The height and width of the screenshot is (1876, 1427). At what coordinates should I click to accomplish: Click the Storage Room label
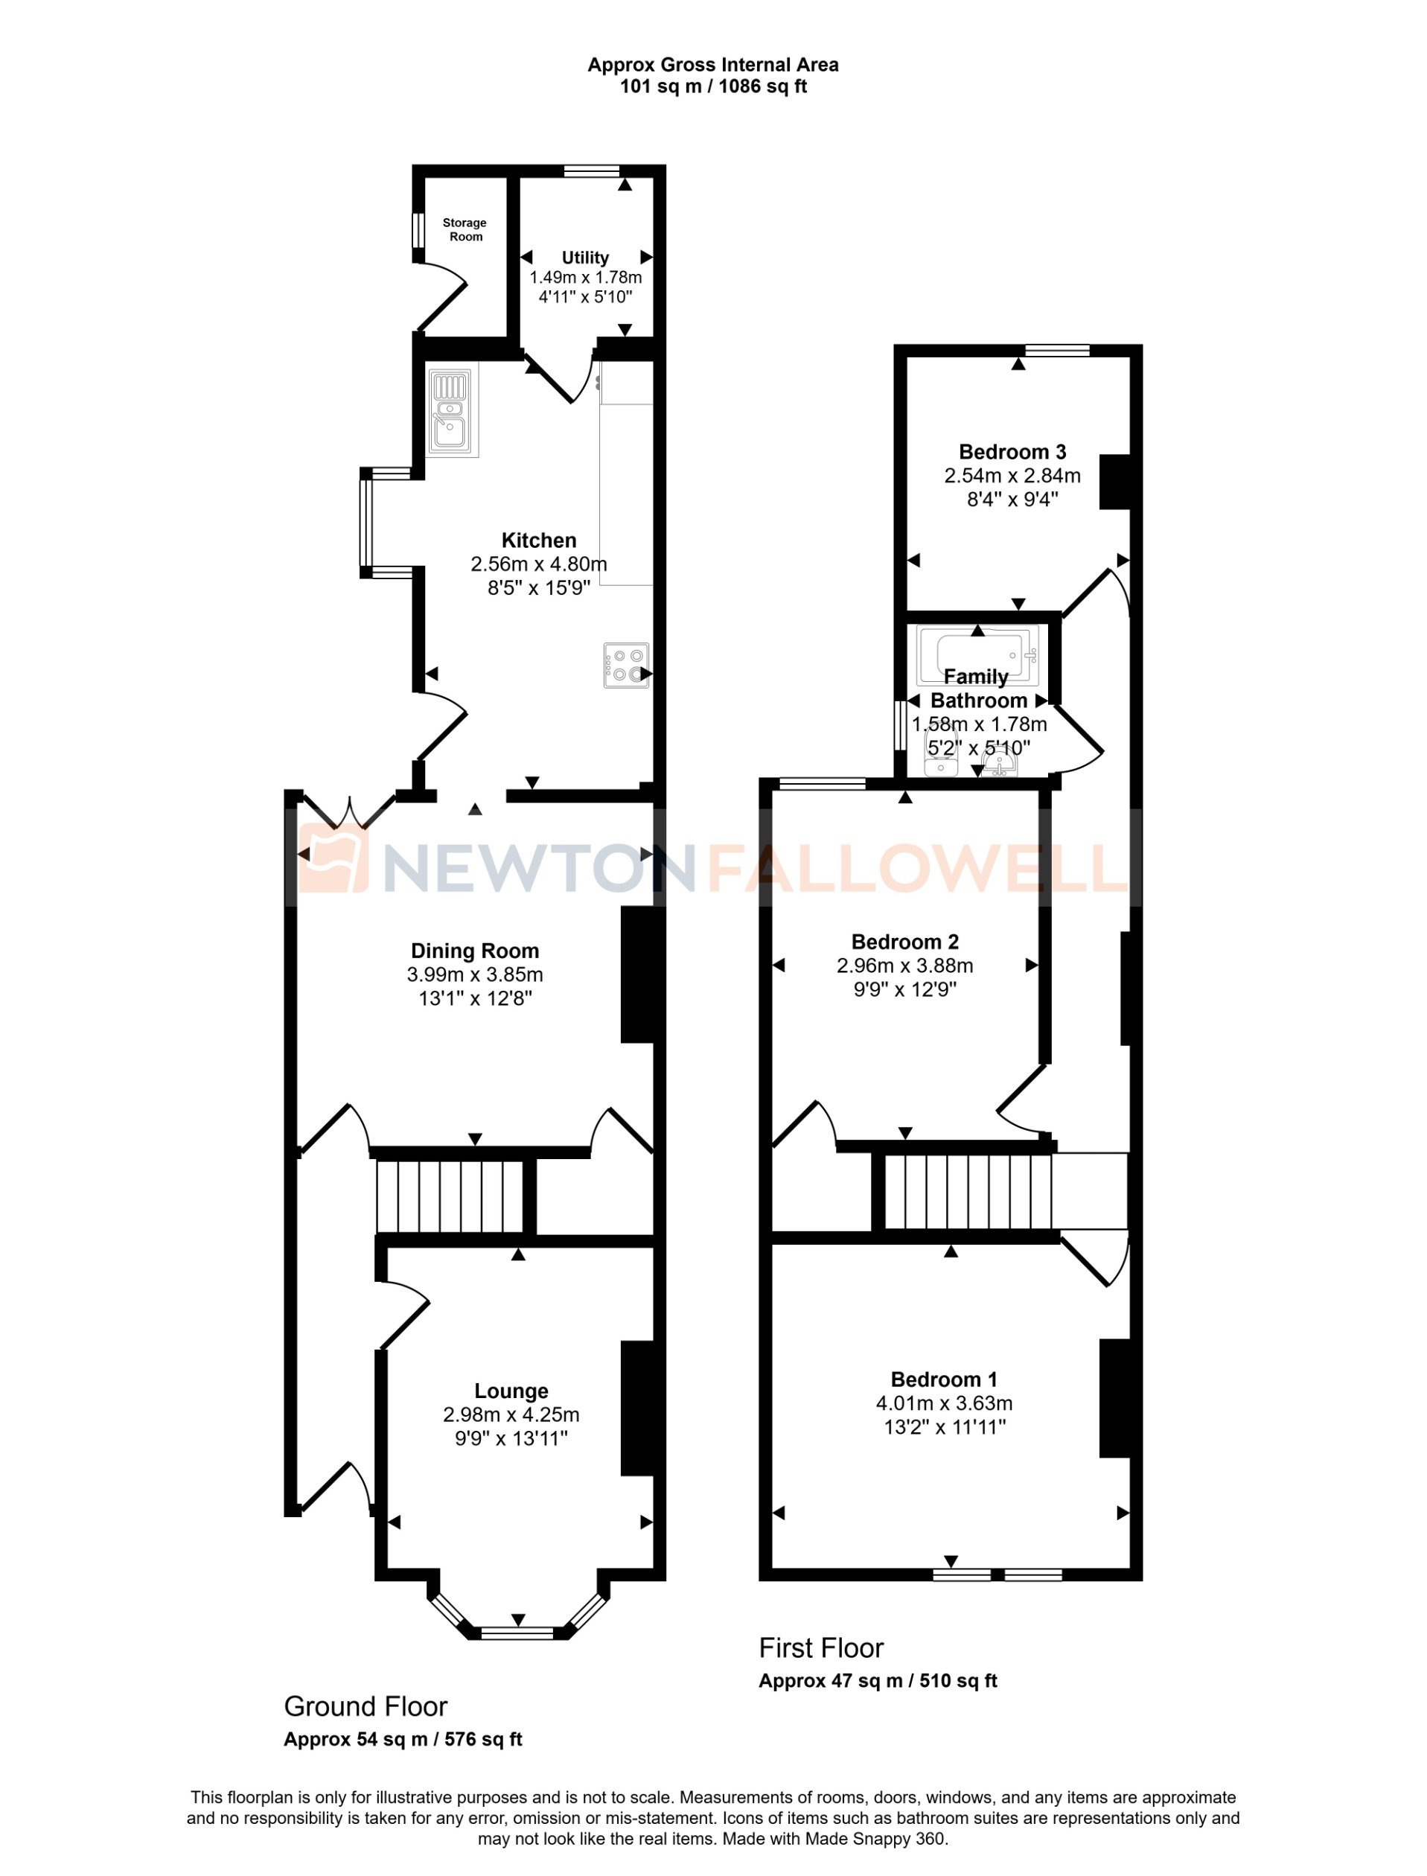[465, 229]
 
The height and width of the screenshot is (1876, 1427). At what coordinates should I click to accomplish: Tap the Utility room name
[584, 258]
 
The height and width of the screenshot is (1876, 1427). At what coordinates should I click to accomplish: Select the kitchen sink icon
[451, 409]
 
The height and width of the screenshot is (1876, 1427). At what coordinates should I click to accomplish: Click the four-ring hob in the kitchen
[626, 665]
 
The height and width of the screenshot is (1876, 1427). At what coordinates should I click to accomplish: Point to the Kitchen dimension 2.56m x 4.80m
[538, 564]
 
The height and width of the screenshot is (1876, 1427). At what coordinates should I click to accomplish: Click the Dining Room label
[475, 951]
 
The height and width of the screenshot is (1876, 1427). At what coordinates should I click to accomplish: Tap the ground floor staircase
[450, 1196]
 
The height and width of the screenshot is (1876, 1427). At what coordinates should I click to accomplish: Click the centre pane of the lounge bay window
[517, 1633]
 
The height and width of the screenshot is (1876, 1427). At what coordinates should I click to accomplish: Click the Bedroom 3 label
[1012, 452]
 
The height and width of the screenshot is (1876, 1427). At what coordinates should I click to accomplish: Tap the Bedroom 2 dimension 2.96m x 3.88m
[904, 966]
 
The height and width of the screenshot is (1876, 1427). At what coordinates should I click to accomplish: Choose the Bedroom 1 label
[944, 1379]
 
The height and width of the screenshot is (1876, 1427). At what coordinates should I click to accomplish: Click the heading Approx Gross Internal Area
[712, 65]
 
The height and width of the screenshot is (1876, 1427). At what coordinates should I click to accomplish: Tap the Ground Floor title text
[365, 1706]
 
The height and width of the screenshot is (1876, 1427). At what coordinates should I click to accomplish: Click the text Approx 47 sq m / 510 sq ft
[878, 1681]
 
